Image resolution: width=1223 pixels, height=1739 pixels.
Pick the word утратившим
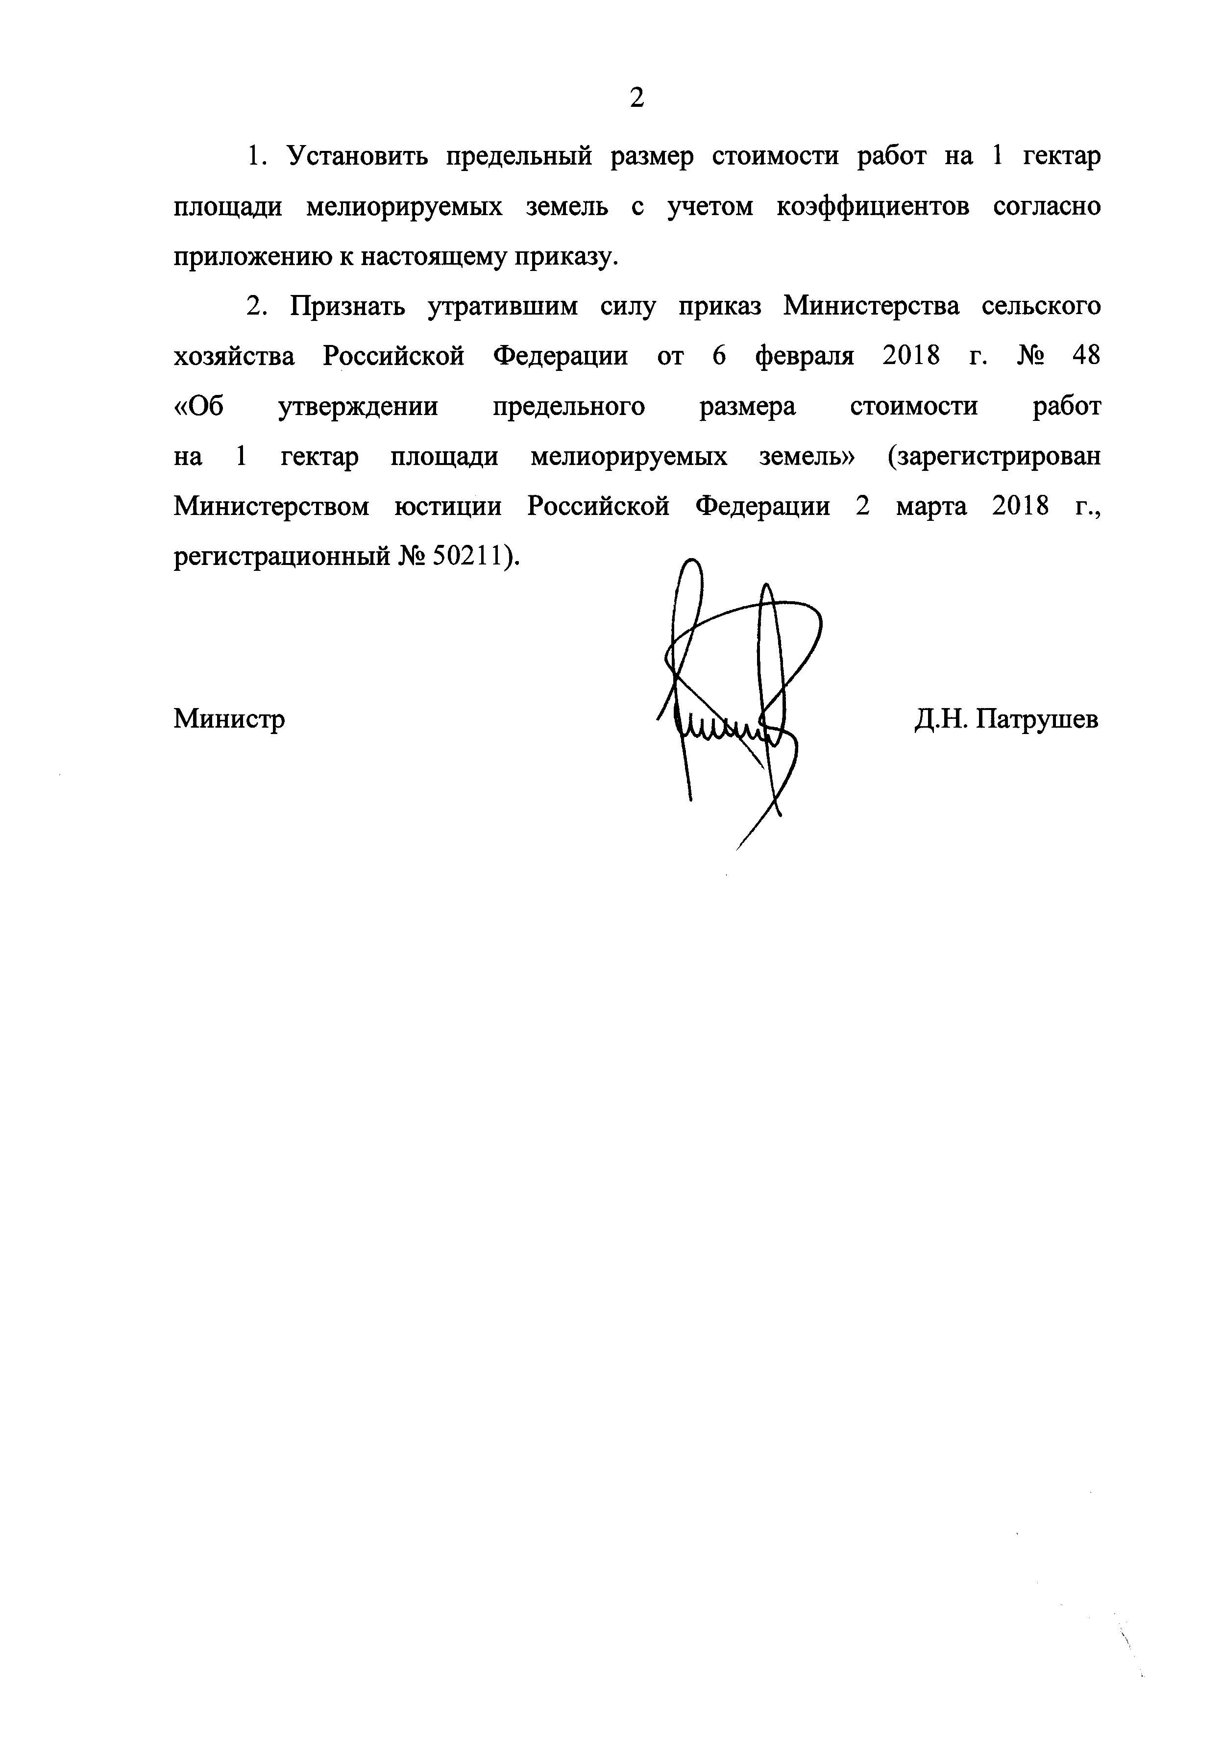[x=503, y=307]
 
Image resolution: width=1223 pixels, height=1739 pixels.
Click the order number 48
[x=1085, y=356]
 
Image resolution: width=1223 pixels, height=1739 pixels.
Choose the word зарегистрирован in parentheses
[x=994, y=458]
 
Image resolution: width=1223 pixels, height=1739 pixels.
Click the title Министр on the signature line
[x=229, y=718]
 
